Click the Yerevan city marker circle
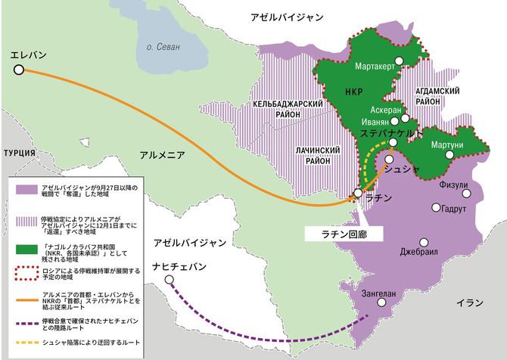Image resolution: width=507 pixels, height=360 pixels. pyautogui.click(x=19, y=70)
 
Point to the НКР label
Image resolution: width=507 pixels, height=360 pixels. pyautogui.click(x=353, y=93)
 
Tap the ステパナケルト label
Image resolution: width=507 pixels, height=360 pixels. pyautogui.click(x=390, y=132)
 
